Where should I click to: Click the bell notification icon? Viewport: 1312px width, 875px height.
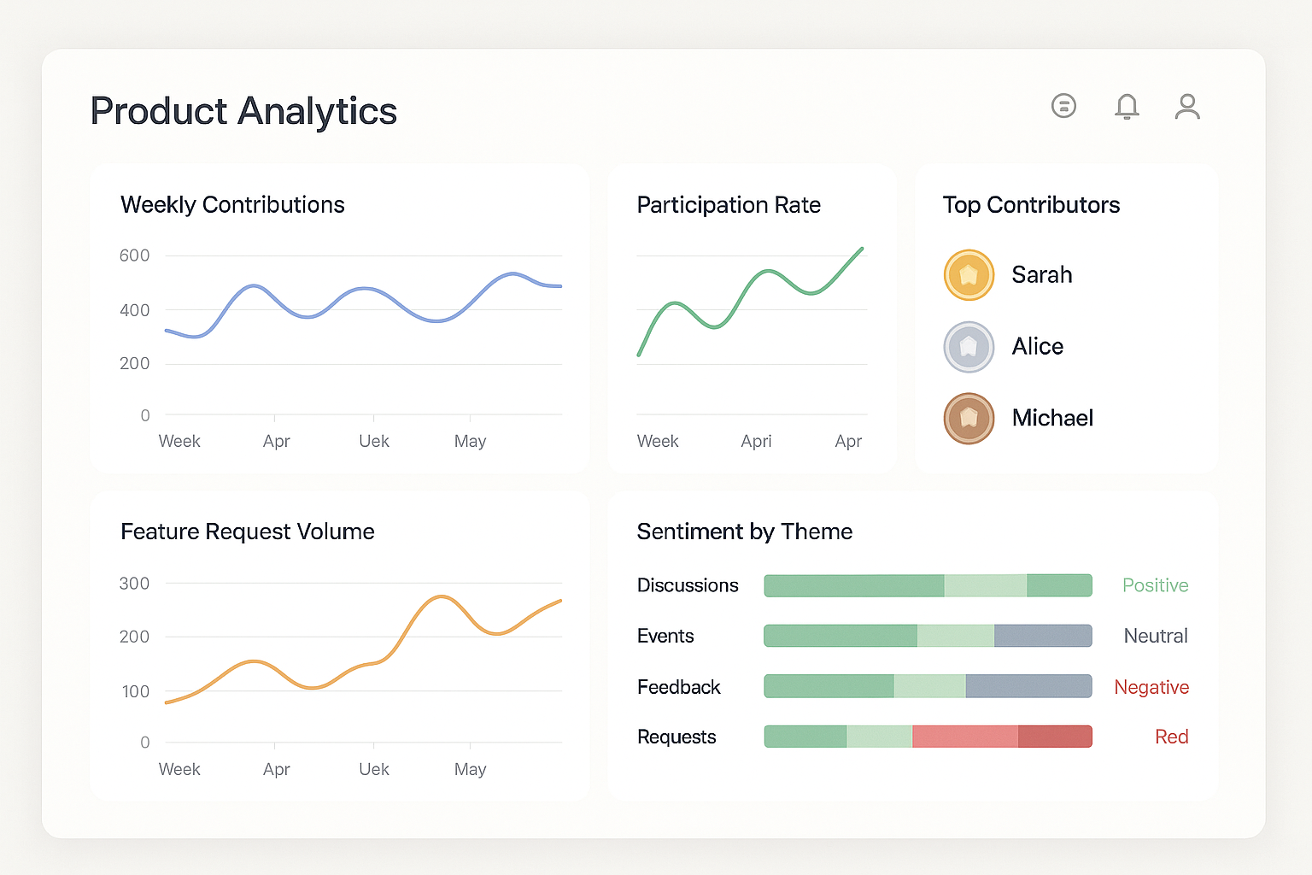tap(1127, 107)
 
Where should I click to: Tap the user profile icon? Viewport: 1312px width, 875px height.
tap(1187, 107)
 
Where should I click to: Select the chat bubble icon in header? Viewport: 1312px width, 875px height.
tap(1063, 106)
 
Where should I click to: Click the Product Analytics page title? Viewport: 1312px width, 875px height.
tap(243, 111)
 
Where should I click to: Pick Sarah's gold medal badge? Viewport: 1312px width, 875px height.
tap(969, 275)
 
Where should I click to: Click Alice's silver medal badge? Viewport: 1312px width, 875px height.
tap(969, 347)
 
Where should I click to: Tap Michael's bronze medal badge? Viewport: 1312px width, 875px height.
tap(969, 419)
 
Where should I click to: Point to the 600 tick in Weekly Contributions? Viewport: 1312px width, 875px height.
tap(134, 255)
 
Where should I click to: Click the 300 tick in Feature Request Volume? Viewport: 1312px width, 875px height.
tap(134, 584)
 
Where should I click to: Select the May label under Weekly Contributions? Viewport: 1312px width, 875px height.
tap(470, 441)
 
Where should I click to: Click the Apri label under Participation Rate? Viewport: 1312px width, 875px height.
tap(756, 441)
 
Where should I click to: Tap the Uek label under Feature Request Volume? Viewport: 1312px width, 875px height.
tap(374, 769)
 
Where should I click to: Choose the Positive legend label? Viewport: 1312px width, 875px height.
tap(1155, 585)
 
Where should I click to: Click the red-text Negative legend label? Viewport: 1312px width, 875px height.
tap(1151, 687)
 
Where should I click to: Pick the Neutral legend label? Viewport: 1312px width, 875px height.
tap(1155, 636)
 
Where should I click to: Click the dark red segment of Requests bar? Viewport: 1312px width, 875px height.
tap(1054, 737)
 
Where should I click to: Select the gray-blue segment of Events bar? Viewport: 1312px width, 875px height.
tap(1042, 636)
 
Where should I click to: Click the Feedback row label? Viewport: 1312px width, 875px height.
tap(678, 687)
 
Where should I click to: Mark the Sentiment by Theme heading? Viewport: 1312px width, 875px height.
tap(744, 531)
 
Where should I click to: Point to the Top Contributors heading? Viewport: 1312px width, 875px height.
tap(1031, 205)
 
